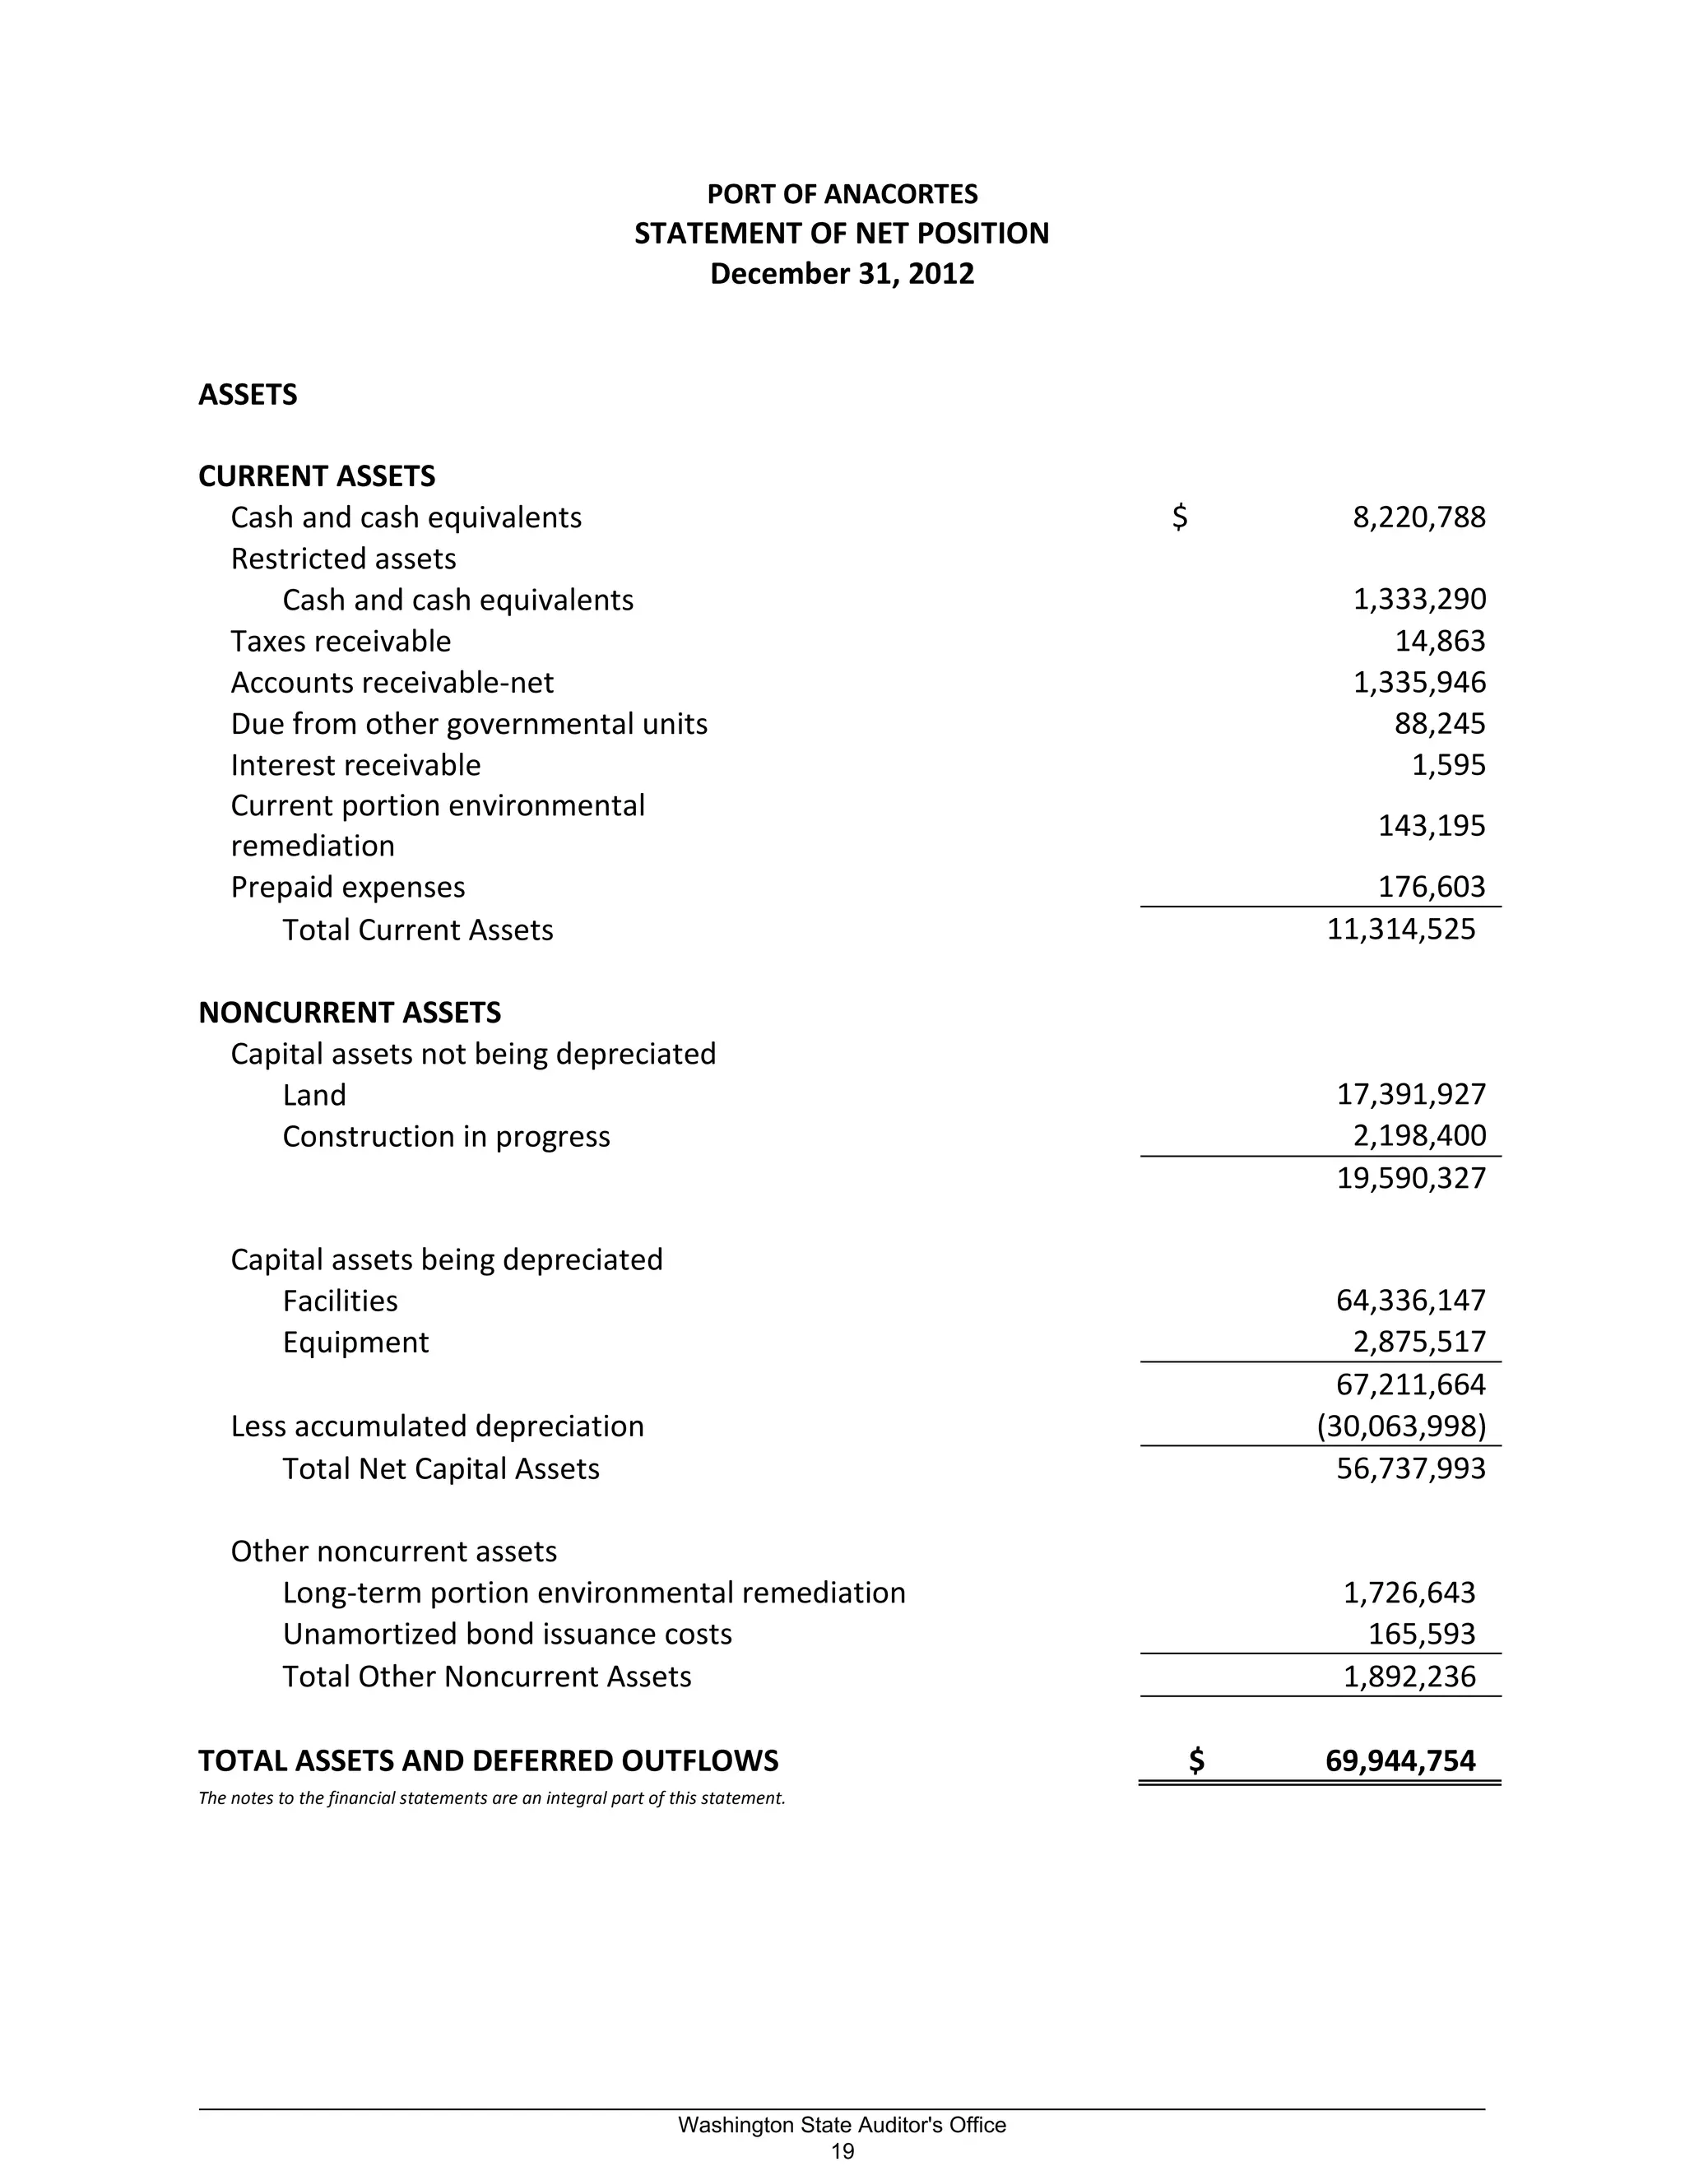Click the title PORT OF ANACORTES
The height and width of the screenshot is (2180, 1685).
[842, 193]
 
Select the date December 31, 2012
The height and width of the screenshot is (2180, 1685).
[842, 273]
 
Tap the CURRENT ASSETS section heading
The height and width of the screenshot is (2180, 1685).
[317, 476]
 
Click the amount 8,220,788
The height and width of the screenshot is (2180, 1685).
[1418, 517]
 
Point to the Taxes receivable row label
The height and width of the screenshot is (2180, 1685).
[341, 641]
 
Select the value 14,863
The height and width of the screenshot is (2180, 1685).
[1440, 641]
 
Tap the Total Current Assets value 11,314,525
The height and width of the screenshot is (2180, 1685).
[1400, 930]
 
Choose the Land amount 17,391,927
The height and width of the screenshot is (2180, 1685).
[1410, 1094]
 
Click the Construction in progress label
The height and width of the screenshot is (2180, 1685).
[445, 1136]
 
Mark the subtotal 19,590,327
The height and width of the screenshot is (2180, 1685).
[1410, 1178]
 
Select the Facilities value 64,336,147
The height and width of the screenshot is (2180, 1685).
[1410, 1300]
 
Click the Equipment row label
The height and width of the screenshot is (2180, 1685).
[355, 1342]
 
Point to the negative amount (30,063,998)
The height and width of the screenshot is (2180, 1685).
[1401, 1426]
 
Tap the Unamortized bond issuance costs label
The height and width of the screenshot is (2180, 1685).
[507, 1633]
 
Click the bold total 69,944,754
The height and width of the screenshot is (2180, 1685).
[1400, 1760]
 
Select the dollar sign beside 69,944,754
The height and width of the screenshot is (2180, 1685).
[1195, 1760]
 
